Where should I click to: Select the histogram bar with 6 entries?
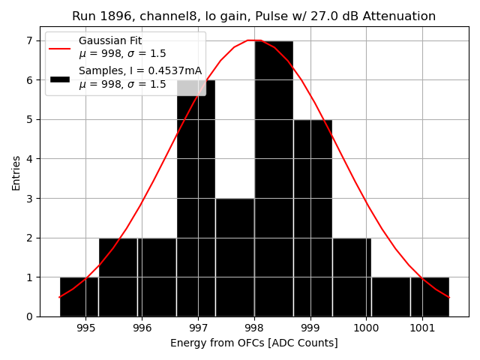[x=196, y=202]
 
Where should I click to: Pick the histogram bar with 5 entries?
[x=312, y=217]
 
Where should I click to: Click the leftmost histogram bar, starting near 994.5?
[x=79, y=297]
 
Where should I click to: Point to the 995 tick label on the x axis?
[x=85, y=328]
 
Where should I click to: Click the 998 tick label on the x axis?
[x=253, y=328]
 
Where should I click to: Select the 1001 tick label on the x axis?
[x=421, y=328]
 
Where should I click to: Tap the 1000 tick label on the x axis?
[x=366, y=328]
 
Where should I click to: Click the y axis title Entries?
[x=16, y=173]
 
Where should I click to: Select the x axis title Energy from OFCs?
[x=253, y=343]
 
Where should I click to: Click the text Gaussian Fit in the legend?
[x=109, y=41]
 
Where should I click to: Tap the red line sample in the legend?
[x=60, y=47]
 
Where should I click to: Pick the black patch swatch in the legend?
[x=60, y=77]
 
